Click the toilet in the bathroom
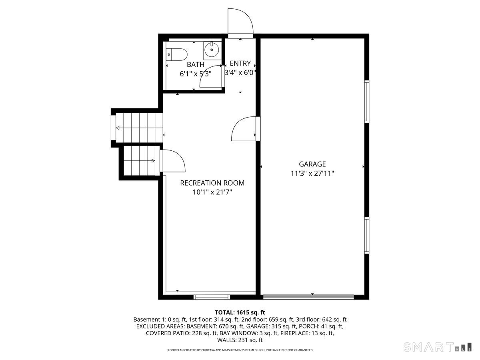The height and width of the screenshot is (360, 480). [x=177, y=53]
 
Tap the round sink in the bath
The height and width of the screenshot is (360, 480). [x=211, y=50]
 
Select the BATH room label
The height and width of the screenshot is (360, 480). [x=195, y=64]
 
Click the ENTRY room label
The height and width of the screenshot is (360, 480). [x=240, y=63]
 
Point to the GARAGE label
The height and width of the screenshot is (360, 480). [x=312, y=164]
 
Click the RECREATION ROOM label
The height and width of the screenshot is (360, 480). [x=212, y=183]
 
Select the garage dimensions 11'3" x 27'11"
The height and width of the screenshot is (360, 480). [x=312, y=174]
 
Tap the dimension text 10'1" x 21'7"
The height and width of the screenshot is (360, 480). [x=212, y=192]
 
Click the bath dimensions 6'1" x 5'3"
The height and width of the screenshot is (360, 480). [x=195, y=74]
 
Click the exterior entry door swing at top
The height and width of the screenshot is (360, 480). [x=240, y=22]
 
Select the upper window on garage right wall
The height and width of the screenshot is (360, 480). [x=366, y=101]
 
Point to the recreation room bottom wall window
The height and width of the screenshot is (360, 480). [x=212, y=297]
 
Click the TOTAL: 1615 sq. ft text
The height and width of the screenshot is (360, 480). [x=240, y=312]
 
